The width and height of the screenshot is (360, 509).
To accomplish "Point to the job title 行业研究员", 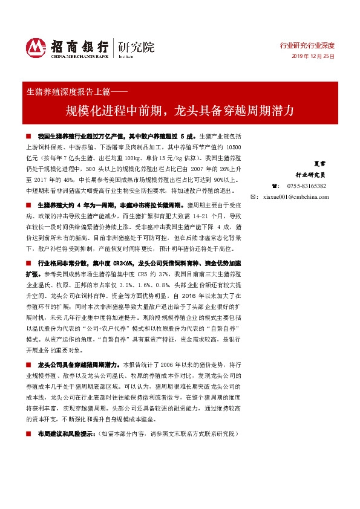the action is tap(313, 174).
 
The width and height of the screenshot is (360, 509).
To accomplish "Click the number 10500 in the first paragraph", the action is tap(233, 147).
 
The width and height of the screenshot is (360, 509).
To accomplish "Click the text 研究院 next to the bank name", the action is tap(137, 46).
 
